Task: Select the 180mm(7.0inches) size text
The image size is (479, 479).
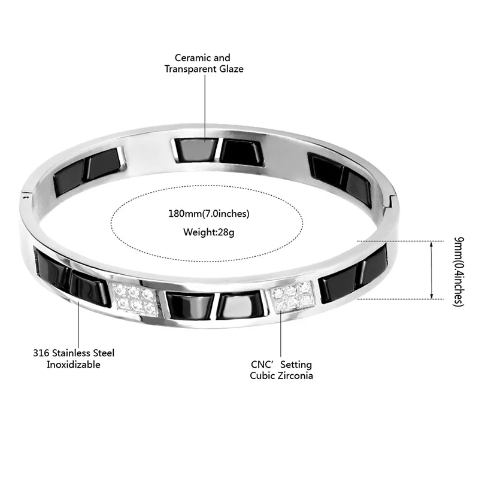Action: coord(208,214)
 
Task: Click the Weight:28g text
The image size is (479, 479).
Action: coord(208,232)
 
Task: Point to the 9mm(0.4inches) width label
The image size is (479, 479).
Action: coord(459,271)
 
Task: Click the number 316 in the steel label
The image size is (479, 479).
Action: coord(41,353)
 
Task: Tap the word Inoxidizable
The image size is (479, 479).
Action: coord(73,365)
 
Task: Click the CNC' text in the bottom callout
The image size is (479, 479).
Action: coord(262,365)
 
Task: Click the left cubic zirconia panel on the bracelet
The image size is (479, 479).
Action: coord(135,299)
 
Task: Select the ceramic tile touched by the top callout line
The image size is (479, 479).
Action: coord(196,150)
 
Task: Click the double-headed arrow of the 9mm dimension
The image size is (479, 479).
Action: coord(431,270)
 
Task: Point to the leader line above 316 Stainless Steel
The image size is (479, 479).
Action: coord(79,324)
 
